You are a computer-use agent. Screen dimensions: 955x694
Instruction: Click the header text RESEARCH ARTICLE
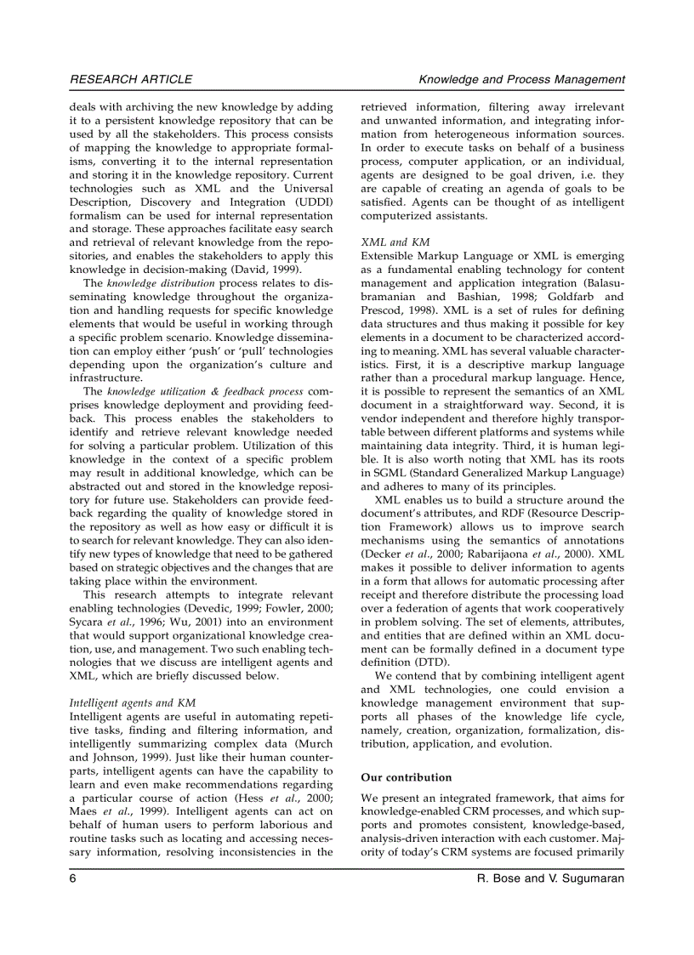coord(131,79)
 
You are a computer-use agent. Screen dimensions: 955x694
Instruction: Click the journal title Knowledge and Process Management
coord(521,79)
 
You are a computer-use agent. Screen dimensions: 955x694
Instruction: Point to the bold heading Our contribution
coord(407,777)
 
